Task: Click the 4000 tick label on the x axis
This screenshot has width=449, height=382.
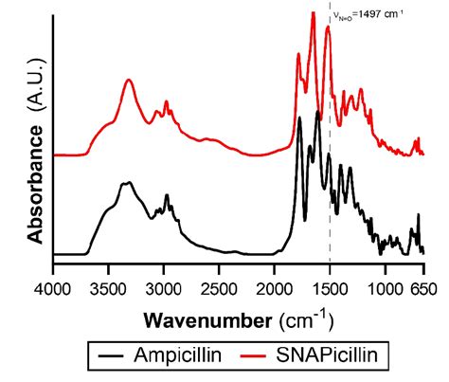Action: coord(53,283)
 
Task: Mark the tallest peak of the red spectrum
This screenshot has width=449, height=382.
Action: coord(313,13)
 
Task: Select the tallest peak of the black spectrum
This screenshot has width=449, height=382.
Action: coord(300,118)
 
